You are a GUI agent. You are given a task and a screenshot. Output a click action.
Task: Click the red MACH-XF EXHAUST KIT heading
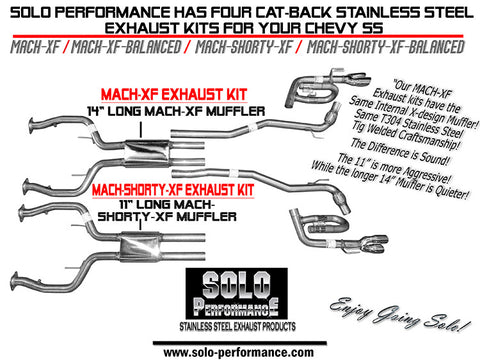pos(174,95)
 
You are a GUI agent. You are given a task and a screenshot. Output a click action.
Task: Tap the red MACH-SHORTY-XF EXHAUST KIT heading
pos(173,190)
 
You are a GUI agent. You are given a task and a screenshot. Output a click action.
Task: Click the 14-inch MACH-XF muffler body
pos(147,153)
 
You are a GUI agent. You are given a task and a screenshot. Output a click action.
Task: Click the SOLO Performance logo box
pos(237,293)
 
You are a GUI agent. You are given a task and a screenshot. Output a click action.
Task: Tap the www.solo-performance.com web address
pos(239,352)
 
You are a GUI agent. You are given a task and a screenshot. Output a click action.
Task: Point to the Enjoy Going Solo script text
pos(400,313)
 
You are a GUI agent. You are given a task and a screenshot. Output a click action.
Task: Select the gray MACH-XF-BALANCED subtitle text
pos(126,47)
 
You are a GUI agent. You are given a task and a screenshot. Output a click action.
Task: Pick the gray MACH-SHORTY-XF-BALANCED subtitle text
pos(385,47)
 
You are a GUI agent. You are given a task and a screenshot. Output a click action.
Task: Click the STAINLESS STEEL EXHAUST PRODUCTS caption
pos(237,326)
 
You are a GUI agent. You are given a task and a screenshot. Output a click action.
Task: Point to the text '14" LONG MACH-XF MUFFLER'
pos(176,111)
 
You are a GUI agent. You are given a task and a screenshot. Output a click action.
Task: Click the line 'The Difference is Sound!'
pos(400,152)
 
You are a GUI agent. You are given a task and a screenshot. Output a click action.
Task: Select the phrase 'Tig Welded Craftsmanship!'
pos(405,136)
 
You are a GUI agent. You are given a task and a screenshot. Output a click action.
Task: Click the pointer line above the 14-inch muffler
pos(141,130)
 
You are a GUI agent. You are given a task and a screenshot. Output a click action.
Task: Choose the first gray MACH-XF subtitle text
pos(35,47)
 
